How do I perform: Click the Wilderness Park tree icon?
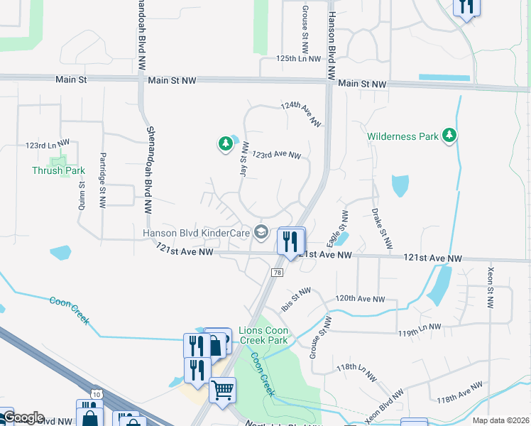pos(449,135)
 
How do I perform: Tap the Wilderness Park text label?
pos(403,136)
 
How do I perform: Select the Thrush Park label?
pos(58,170)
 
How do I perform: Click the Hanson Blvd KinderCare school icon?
pos(261,231)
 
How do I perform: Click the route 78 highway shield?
pos(277,272)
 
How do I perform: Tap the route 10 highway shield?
pos(95,393)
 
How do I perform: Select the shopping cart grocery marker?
pos(222,389)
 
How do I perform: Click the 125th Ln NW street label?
pos(300,58)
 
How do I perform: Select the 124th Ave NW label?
pos(301,114)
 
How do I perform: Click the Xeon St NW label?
pos(491,287)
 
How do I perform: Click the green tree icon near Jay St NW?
pos(225,144)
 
